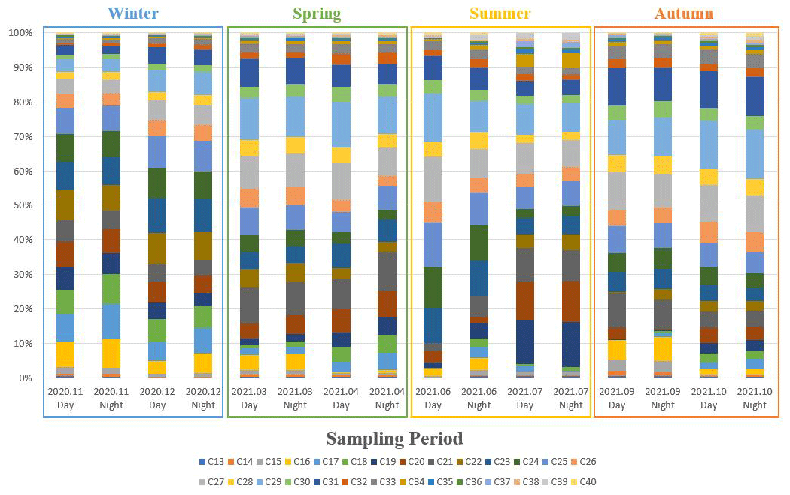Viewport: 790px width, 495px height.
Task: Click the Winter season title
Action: coord(132,14)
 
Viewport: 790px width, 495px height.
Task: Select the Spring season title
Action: coord(316,14)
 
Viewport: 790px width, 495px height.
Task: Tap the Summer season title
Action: coord(500,14)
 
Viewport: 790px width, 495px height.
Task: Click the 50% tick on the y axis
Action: coord(21,205)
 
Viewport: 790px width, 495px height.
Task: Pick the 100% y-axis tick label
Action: coord(20,33)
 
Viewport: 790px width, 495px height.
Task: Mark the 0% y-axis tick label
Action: coord(24,378)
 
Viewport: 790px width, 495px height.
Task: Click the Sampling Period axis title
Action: coord(394,439)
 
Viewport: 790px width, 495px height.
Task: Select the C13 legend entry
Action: coord(213,461)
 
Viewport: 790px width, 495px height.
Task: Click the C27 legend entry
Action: coord(213,481)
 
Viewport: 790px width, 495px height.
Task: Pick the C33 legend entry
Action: coord(385,481)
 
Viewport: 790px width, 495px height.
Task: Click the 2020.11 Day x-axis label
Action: coord(65,399)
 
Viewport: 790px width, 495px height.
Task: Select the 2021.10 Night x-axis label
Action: coord(755,399)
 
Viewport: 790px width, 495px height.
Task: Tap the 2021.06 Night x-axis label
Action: coord(479,399)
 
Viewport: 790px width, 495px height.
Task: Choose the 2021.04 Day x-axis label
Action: coord(341,399)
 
